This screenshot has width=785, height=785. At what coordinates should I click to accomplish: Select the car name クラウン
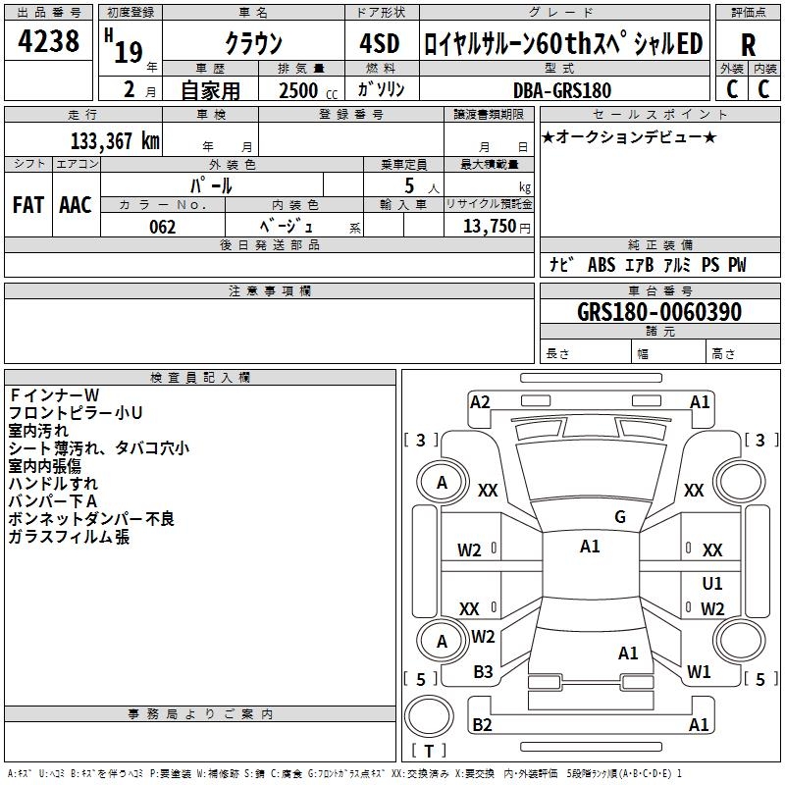point(254,43)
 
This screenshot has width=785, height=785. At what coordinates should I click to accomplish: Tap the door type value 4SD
point(381,43)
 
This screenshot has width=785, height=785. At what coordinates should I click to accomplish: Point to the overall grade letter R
point(748,45)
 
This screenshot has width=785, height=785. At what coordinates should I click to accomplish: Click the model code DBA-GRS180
point(562,90)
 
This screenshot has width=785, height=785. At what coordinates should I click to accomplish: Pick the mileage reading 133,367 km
point(114,140)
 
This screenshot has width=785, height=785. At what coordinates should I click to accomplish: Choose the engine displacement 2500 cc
point(299,90)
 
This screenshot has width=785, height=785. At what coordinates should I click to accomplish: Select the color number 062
point(162,227)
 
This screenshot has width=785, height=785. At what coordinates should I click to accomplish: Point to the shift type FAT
point(27,205)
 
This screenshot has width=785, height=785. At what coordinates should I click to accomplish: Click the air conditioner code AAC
point(76,205)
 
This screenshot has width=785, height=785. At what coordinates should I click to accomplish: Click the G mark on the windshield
point(620,517)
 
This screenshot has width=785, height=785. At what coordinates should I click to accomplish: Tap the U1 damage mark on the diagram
point(712,584)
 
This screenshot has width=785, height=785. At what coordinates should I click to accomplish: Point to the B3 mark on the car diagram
point(483,671)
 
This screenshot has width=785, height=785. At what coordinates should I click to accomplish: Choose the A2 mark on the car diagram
point(480,401)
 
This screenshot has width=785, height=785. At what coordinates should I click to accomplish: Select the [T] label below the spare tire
point(428,752)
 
